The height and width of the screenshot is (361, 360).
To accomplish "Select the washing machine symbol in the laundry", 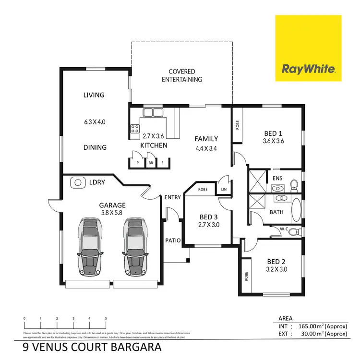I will coord(76,182).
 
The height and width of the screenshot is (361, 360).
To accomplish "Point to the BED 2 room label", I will coord(276,262).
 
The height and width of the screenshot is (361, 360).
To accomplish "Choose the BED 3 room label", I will coord(209,217).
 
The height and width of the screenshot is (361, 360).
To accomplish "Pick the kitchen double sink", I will coord(152,114).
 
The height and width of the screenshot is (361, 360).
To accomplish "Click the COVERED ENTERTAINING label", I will coord(182,75).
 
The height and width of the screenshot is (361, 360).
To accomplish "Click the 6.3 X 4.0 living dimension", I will coord(94,122).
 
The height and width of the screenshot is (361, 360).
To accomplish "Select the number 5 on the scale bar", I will coord(106,319).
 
